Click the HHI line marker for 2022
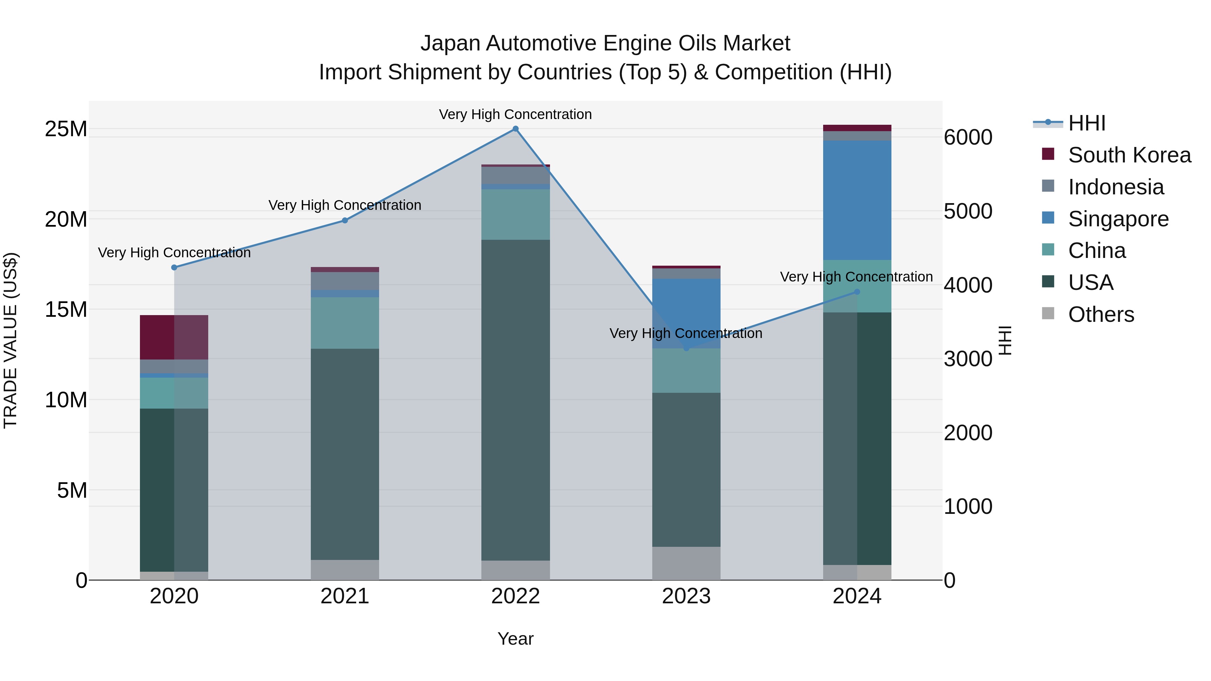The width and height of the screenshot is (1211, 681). [x=515, y=129]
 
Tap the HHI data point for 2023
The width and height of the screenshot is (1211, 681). [x=686, y=348]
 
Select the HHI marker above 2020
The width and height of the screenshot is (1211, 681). [x=174, y=267]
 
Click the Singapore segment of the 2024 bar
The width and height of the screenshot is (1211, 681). [x=857, y=200]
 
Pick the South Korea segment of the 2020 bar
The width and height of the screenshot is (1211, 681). [x=174, y=337]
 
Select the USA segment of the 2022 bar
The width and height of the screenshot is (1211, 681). [x=515, y=400]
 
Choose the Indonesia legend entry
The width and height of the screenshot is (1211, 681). [x=1115, y=187]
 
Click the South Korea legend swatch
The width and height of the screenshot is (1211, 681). [x=1048, y=154]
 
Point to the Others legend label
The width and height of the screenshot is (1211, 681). [x=1101, y=314]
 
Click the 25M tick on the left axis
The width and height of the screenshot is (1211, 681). [x=66, y=129]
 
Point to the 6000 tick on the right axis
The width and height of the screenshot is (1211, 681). [x=968, y=137]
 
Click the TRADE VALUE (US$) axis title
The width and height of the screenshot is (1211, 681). [x=10, y=340]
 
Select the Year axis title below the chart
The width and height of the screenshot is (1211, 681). [x=515, y=639]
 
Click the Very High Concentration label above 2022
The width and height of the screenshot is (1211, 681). [x=515, y=114]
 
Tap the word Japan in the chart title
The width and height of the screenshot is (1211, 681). [x=450, y=43]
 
